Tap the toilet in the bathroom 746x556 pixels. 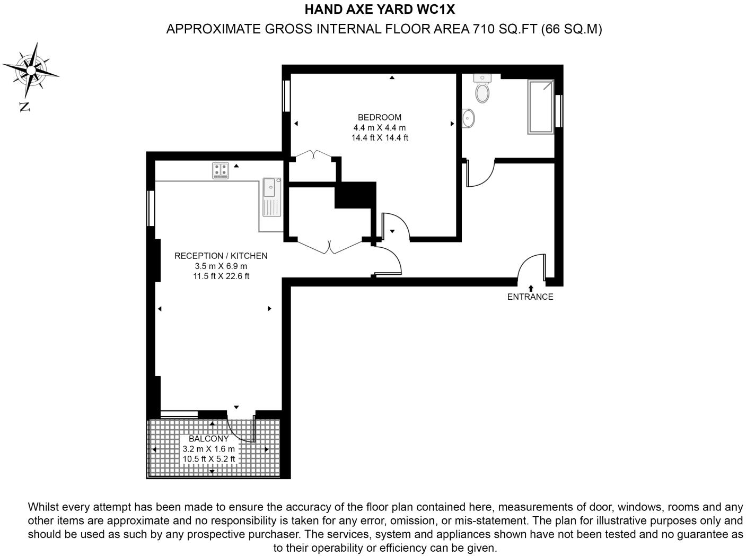[x=482, y=90]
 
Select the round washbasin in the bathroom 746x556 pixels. [x=468, y=118]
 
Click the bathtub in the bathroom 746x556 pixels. [x=540, y=107]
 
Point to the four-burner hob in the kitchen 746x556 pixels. [x=221, y=170]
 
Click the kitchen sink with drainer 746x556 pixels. [x=271, y=196]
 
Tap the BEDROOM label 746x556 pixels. [x=379, y=117]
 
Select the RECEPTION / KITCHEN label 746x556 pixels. [x=221, y=256]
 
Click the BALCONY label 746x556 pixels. [x=208, y=439]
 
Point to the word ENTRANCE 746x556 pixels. [x=530, y=297]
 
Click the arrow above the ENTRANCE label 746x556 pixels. [x=531, y=288]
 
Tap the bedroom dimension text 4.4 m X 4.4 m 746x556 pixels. [x=379, y=127]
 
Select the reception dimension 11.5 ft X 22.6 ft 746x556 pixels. [x=221, y=276]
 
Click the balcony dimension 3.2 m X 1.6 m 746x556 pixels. [x=208, y=449]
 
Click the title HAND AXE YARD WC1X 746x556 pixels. [x=380, y=9]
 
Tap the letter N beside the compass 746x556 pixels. [x=24, y=107]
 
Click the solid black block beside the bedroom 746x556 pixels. [x=355, y=195]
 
